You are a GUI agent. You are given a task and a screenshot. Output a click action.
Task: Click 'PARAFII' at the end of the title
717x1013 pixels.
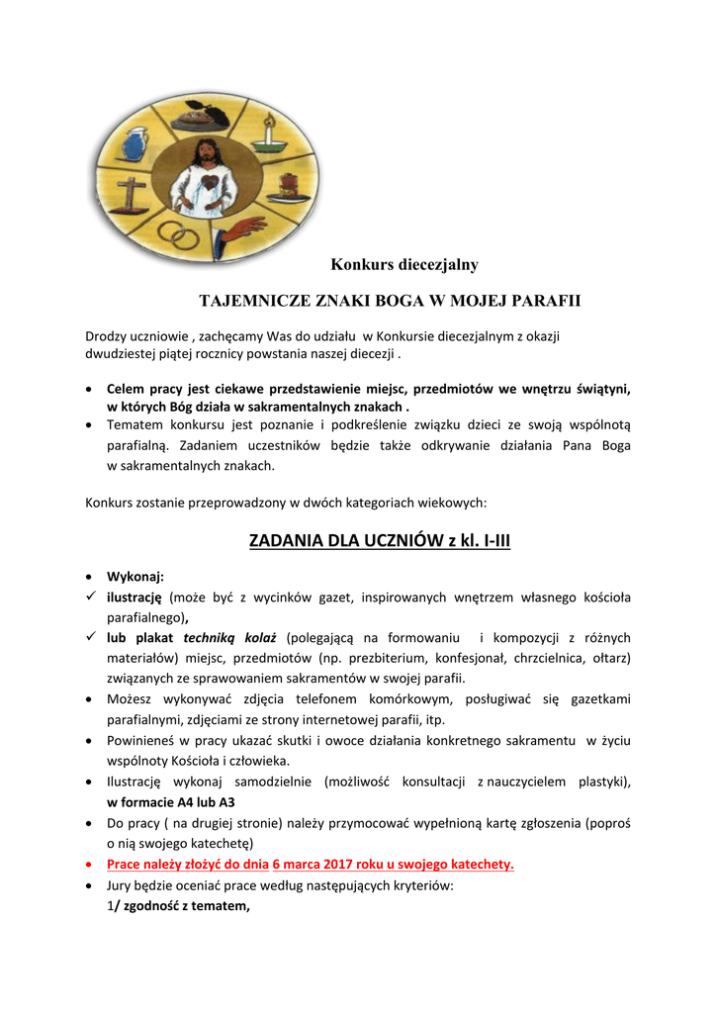click(x=547, y=300)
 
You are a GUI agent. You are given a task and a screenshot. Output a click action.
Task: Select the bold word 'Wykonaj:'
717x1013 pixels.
click(x=135, y=577)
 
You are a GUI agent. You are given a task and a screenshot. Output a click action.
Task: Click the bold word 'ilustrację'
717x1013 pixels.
click(x=134, y=598)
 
